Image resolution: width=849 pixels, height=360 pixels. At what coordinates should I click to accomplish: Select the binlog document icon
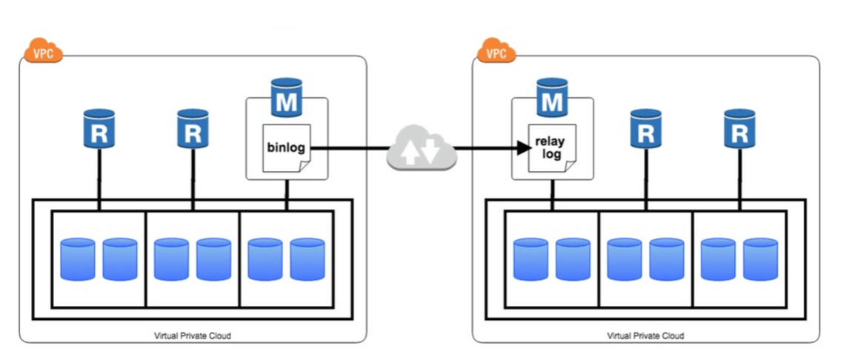286,149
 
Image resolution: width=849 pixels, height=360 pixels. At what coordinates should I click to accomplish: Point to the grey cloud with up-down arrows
419,150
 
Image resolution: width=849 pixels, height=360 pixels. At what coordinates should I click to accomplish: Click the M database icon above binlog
286,99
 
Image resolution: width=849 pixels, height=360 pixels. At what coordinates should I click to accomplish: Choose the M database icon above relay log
552,99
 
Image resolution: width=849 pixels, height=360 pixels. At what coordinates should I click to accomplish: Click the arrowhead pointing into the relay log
524,149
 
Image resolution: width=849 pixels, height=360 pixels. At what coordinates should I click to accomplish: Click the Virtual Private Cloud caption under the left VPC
193,336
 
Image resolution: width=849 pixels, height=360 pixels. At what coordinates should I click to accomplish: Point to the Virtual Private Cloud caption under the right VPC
645,336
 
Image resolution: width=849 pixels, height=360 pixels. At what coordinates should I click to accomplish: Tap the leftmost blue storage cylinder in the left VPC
78,259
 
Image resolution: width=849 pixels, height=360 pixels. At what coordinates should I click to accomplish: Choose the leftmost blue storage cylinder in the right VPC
530,259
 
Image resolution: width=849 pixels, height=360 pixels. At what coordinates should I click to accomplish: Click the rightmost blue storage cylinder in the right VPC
760,259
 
